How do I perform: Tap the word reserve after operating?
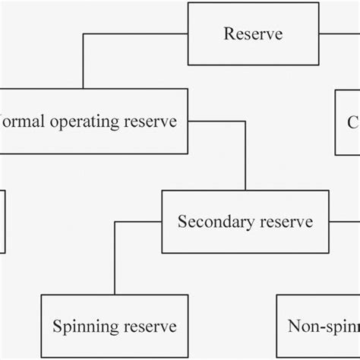[155, 122]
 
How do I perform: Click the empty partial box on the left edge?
[2, 221]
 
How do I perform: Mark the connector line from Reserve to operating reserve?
[83, 61]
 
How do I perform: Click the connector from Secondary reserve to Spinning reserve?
[115, 258]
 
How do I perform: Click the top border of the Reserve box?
[253, 3]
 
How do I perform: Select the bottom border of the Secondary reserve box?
[245, 253]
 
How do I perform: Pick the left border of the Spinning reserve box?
[40, 327]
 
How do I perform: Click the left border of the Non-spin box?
[276, 327]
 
